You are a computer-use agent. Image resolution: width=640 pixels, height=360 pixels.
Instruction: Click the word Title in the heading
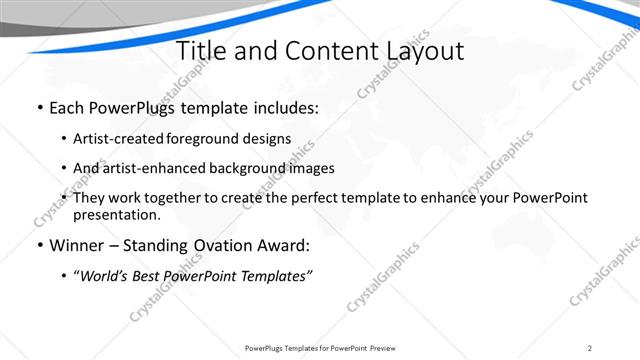coord(201,51)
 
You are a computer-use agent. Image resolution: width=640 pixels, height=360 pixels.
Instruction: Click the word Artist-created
coord(119,138)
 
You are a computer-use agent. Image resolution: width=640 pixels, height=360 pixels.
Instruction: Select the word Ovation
coord(224,244)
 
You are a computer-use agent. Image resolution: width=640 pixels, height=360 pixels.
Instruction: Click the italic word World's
coord(105,275)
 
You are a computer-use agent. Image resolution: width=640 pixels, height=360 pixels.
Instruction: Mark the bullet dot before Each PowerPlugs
coord(39,107)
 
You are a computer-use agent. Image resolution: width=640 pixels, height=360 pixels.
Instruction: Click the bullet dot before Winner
coord(39,245)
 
